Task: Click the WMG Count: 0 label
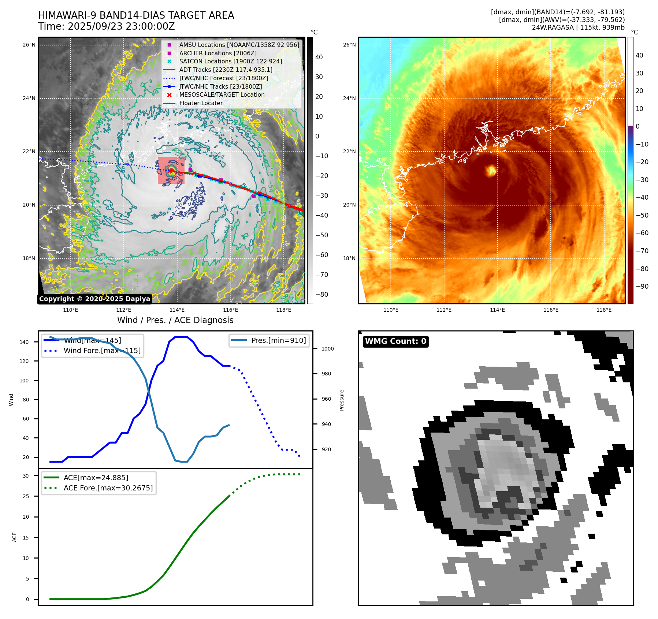coord(395,341)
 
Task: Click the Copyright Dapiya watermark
coord(94,299)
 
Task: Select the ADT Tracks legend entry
coord(226,70)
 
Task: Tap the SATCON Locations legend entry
coord(230,61)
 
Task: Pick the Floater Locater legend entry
coord(201,103)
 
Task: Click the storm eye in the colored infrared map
coord(491,170)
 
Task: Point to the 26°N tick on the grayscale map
coord(29,45)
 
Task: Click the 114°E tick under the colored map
coord(497,310)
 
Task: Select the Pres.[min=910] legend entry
coord(278,340)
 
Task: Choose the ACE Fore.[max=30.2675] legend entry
coord(108,488)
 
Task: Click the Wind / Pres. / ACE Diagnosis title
coord(175,320)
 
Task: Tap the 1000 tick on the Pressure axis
coord(327,349)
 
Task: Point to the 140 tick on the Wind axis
coord(24,342)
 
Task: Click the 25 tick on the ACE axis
coord(26,496)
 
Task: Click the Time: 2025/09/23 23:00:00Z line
coord(107,27)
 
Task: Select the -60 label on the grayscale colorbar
coord(322,255)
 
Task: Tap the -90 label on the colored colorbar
coord(642,286)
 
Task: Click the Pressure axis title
coord(342,400)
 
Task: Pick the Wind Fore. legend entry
coord(102,351)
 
